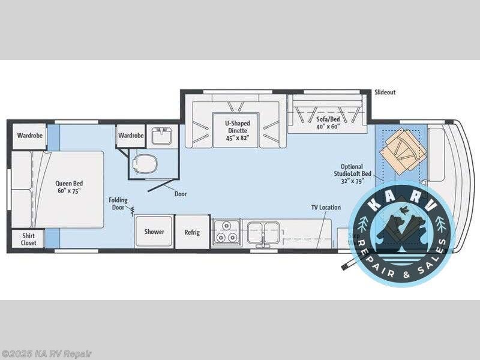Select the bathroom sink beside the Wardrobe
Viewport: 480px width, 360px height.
click(161, 136)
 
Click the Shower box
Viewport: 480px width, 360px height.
click(154, 232)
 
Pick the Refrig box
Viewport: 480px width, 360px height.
click(192, 232)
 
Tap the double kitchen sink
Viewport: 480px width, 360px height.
click(263, 231)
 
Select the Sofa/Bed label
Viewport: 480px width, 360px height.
click(328, 124)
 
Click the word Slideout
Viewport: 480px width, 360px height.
click(385, 92)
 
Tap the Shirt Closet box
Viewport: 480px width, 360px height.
click(29, 239)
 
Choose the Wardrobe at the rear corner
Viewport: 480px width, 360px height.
click(29, 136)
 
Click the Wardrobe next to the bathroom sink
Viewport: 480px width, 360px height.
click(131, 136)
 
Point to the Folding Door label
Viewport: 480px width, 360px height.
click(118, 204)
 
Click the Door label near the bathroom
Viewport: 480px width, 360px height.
click(181, 194)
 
